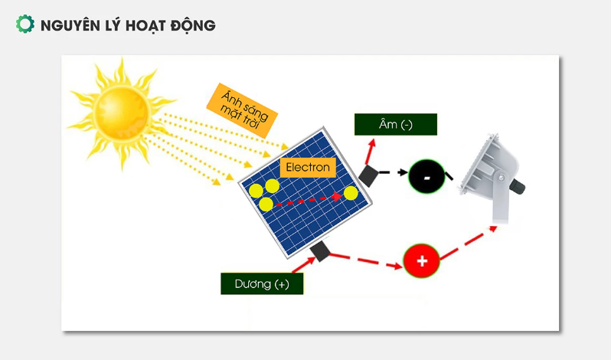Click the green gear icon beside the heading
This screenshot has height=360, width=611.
[x=25, y=24]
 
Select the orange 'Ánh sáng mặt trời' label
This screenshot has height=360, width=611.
[x=242, y=110]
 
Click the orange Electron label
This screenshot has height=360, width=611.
[x=308, y=168]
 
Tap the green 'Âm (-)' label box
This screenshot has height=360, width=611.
[x=396, y=124]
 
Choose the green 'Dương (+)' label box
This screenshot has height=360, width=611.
[x=262, y=283]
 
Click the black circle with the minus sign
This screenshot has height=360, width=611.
[x=426, y=176]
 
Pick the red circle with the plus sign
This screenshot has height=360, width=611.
[x=422, y=260]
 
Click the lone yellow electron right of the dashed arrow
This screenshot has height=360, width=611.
[x=351, y=193]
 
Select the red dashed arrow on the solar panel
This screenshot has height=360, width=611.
[x=309, y=199]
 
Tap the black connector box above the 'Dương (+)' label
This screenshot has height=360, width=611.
[x=320, y=251]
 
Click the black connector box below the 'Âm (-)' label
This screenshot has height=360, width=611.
[x=368, y=176]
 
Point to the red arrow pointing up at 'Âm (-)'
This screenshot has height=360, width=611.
[x=370, y=152]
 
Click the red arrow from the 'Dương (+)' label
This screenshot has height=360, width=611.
[x=304, y=265]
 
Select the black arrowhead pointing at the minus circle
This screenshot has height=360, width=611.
[x=403, y=172]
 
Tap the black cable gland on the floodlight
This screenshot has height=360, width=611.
[x=518, y=186]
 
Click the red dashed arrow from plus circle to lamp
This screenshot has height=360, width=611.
[x=469, y=243]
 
